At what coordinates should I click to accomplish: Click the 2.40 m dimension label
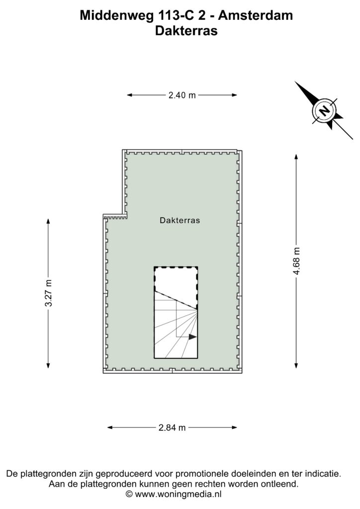182,95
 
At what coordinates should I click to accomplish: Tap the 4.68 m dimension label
296,261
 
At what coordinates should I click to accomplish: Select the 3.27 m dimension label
48,293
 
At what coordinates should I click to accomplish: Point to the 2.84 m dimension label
172,427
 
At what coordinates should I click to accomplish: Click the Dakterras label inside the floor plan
180,220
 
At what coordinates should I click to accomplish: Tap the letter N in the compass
324,111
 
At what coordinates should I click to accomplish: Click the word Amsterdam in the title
256,15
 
